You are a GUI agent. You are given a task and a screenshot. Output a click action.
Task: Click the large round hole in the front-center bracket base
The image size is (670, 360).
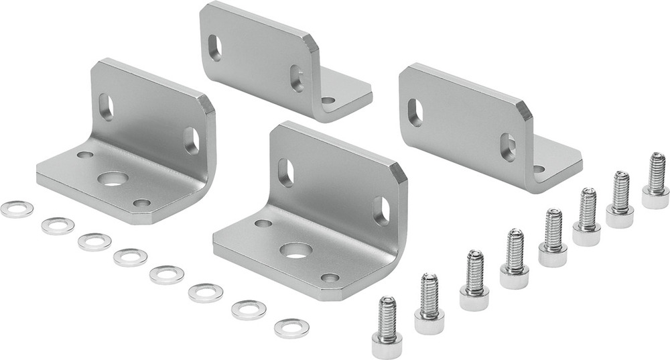coord(295,251)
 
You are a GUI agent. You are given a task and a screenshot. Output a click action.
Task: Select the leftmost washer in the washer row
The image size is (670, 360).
coord(17,209)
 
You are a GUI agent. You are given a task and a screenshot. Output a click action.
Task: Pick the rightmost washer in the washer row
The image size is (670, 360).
coord(291,328)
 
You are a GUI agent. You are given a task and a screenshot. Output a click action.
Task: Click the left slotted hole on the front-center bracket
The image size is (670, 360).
coord(286,172)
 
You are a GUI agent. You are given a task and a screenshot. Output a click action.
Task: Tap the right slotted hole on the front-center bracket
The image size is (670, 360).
coord(381,211)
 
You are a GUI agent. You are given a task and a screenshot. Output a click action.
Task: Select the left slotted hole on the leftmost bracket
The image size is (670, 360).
coord(106,107)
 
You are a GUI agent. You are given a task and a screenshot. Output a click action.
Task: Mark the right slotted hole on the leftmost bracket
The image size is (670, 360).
coord(192,141)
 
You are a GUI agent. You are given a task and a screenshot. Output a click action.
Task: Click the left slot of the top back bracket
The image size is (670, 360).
coord(215,48)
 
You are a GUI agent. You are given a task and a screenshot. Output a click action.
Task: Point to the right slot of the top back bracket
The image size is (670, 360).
coord(296,78)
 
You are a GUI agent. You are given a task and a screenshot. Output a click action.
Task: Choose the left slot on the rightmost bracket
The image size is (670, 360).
coord(415,113)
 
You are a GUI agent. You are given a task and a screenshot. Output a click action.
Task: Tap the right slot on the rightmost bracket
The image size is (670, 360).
coord(509,147)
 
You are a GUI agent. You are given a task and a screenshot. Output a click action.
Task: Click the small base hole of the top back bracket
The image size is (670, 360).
coord(328,101)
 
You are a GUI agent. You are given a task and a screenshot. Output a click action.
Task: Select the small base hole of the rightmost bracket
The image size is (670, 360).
coord(539,169)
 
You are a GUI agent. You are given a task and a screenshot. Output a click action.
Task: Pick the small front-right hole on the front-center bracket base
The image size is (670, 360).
coord(330,277)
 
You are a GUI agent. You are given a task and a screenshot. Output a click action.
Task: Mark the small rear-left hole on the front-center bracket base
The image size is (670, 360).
coord(263,223)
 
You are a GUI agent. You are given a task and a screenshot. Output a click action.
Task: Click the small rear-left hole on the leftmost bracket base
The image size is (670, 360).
coord(85,155)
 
